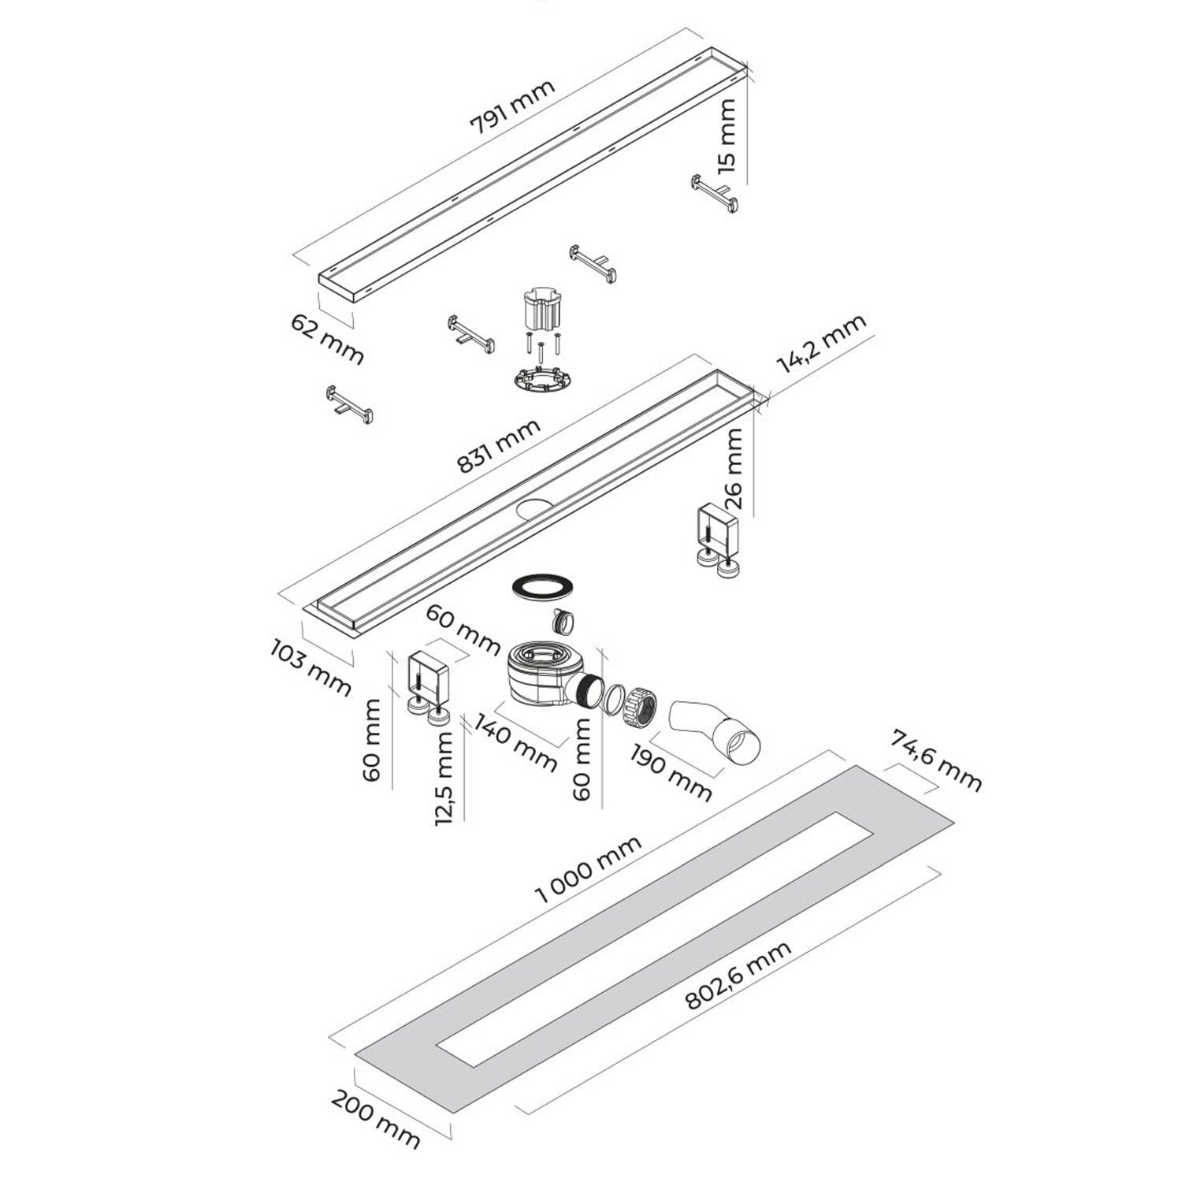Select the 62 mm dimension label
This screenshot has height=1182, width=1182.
327,339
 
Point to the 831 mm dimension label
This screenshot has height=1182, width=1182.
499,446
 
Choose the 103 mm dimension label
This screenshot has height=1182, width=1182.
310,667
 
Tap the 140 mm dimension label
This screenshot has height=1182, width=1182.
517,743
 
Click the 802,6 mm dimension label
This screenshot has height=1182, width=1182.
738,975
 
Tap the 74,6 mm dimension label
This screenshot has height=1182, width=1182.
936,760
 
